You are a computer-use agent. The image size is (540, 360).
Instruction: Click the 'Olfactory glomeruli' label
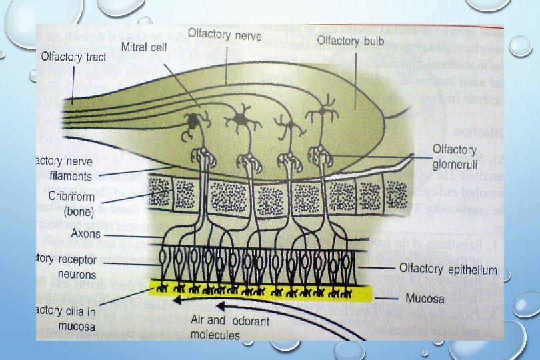tap(455, 155)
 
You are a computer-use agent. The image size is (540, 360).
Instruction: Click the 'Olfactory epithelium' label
tap(447, 269)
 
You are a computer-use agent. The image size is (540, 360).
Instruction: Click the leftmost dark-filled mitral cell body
tap(193, 121)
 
